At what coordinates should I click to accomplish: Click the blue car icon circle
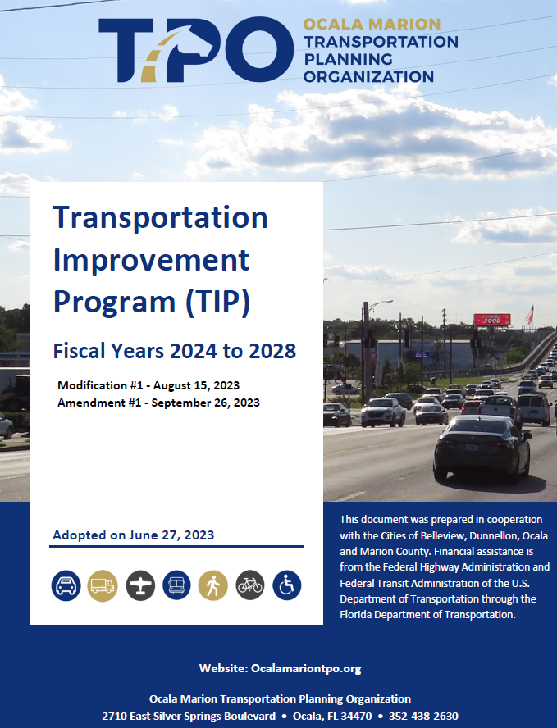click(x=66, y=585)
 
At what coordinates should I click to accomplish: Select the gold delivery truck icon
click(x=103, y=585)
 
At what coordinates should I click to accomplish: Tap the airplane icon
click(x=140, y=585)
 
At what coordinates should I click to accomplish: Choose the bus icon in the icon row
click(x=176, y=585)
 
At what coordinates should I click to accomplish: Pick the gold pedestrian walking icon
click(x=212, y=585)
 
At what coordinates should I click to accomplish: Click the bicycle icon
click(x=250, y=585)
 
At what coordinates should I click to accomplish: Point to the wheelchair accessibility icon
click(x=286, y=585)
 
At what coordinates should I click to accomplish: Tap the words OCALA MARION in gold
click(x=372, y=24)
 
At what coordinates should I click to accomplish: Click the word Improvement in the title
click(x=152, y=260)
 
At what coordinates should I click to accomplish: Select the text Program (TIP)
click(x=152, y=302)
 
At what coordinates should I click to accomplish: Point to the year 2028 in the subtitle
click(x=272, y=351)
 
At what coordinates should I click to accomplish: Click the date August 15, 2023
click(x=197, y=385)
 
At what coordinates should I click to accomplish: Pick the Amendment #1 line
click(x=158, y=403)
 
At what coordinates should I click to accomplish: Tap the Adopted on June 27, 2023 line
click(x=134, y=535)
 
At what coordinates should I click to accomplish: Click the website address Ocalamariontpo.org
click(x=306, y=669)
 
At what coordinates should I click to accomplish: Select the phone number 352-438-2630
click(x=423, y=716)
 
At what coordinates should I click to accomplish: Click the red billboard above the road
click(x=492, y=320)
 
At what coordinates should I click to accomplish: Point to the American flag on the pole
click(x=529, y=316)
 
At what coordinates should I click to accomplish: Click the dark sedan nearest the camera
click(x=482, y=447)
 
